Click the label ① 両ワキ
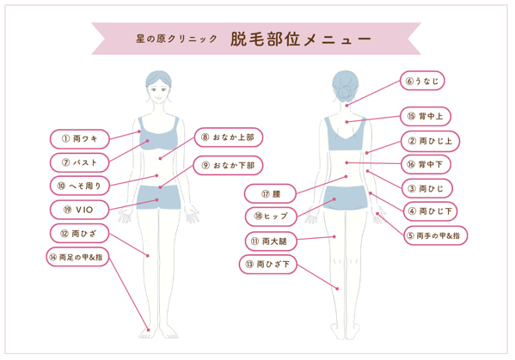[79, 139]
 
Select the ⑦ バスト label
[79, 162]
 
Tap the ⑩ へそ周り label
[79, 186]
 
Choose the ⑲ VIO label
[79, 210]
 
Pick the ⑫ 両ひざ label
[79, 234]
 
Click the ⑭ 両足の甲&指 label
[77, 257]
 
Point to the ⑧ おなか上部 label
[229, 137]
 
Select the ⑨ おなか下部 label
[229, 165]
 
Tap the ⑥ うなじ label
[422, 81]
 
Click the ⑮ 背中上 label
[426, 116]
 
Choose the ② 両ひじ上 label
[430, 141]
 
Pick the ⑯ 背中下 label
[426, 164]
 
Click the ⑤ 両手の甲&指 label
[436, 235]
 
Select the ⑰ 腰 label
[270, 194]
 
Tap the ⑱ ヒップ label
[271, 217]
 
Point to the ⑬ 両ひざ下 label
[268, 264]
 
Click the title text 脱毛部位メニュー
[301, 40]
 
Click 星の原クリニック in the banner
[177, 39]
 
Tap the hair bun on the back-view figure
[345, 93]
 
